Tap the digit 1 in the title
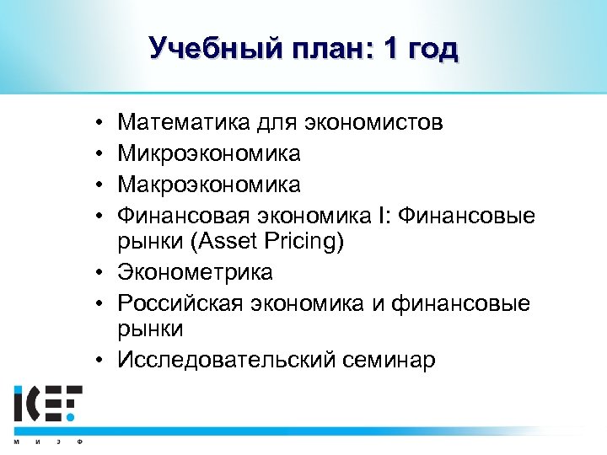390,48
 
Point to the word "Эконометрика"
195,273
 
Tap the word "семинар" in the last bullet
384,361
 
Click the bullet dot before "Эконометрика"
99,273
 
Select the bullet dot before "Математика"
99,124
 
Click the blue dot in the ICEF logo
73,415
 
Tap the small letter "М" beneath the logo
17,441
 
